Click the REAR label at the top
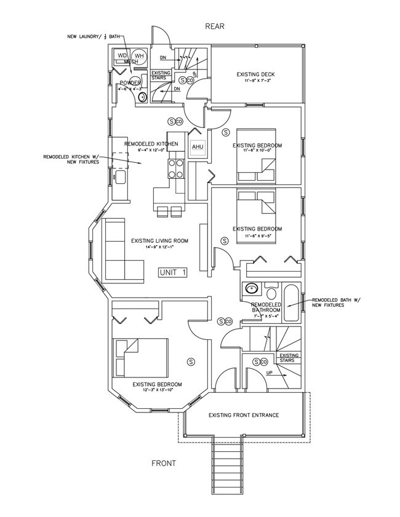(x=215, y=26)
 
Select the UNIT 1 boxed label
(x=172, y=272)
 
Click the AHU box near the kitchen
(x=198, y=147)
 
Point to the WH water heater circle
(x=139, y=57)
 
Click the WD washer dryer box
(x=122, y=56)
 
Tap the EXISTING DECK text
(x=255, y=75)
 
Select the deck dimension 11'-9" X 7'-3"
(x=255, y=82)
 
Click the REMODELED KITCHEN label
(x=151, y=144)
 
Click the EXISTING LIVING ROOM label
(x=159, y=241)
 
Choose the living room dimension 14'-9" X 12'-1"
(x=159, y=248)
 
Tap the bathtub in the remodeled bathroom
(x=292, y=303)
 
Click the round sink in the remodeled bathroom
(x=250, y=288)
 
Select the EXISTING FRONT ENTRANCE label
(x=244, y=414)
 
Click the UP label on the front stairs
(x=269, y=373)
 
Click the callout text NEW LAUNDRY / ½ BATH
(x=95, y=37)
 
